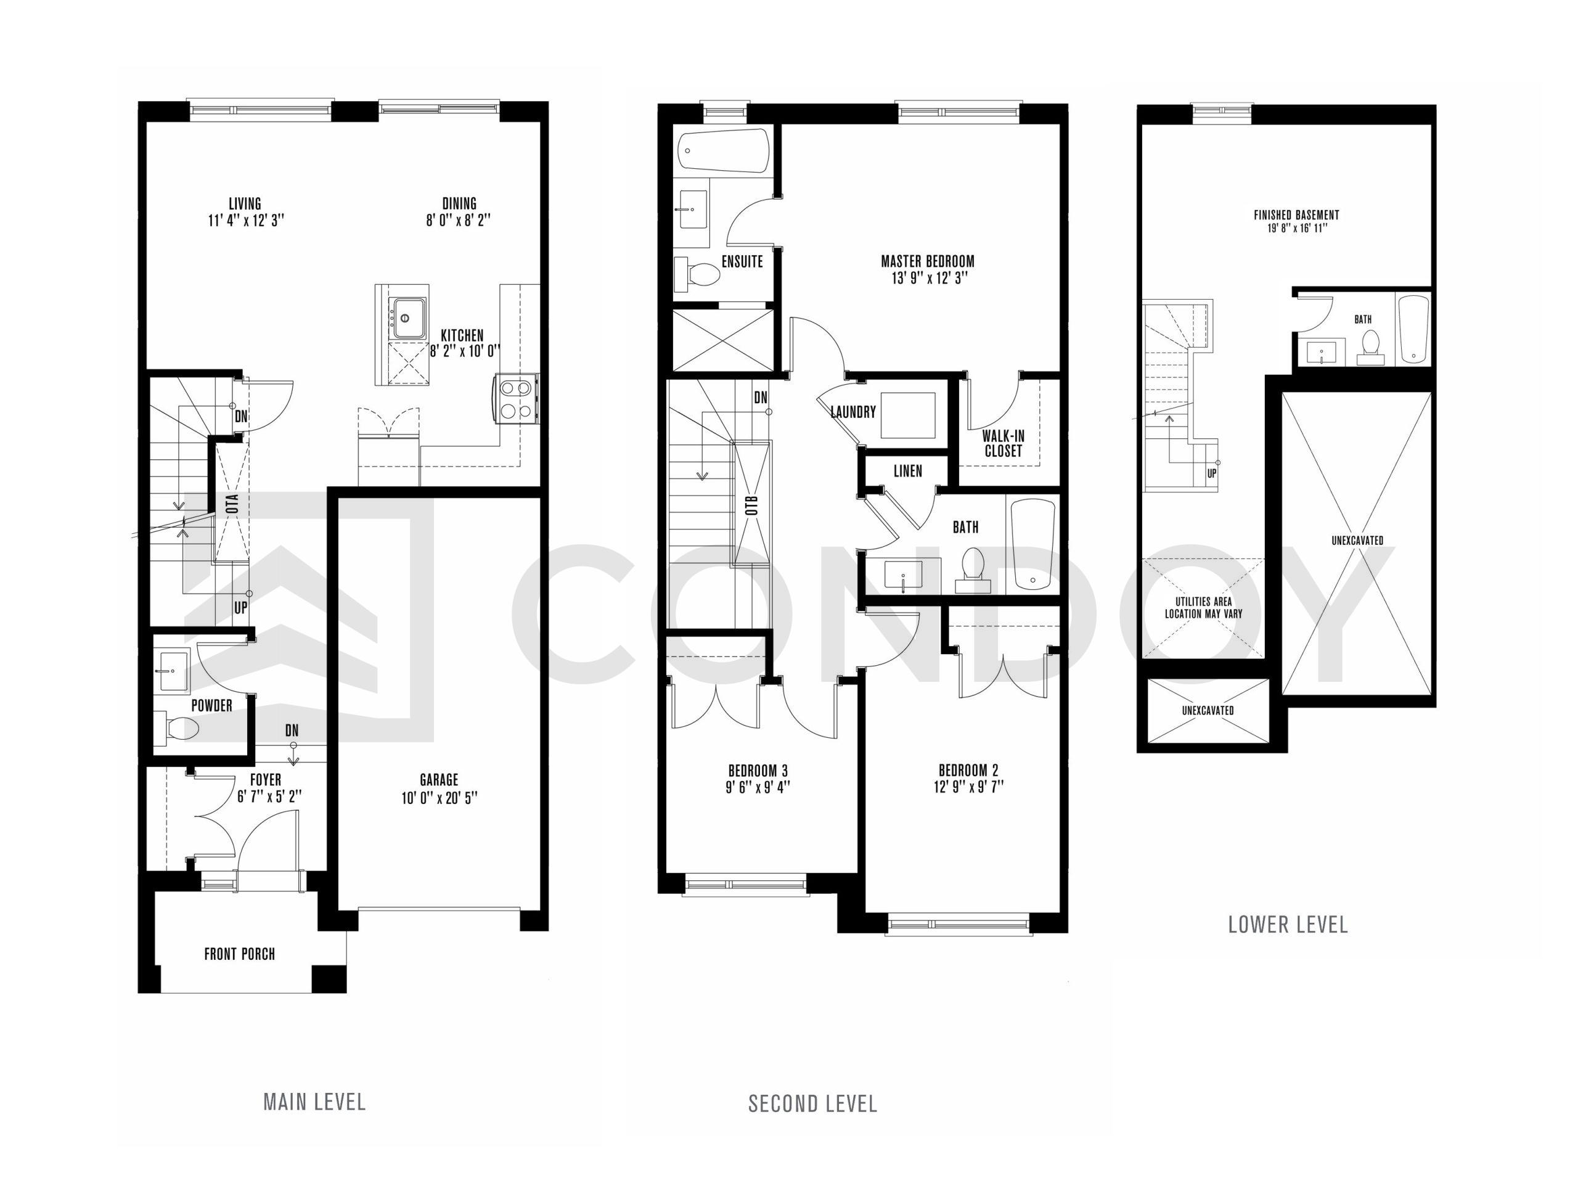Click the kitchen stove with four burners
tap(515, 399)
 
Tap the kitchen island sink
tap(408, 317)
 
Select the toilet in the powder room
tap(176, 728)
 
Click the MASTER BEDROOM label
tap(927, 261)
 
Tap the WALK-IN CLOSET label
tap(1004, 443)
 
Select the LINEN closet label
tap(908, 471)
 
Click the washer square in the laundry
tap(908, 415)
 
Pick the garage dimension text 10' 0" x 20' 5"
tap(439, 798)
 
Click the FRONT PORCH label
tap(239, 954)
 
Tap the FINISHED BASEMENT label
tap(1296, 215)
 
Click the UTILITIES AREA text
tap(1203, 602)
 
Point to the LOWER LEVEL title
tap(1288, 925)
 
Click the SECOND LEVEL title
tap(812, 1104)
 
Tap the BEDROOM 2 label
tap(968, 770)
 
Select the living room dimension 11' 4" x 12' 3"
tap(245, 221)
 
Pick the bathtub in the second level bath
tap(1032, 544)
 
